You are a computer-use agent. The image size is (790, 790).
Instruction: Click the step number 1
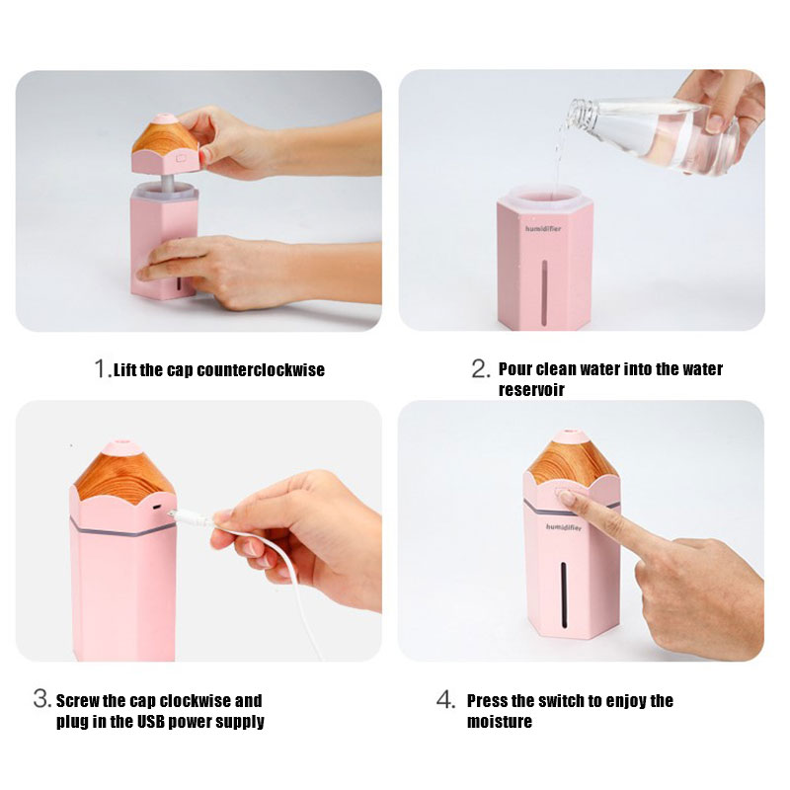click(101, 368)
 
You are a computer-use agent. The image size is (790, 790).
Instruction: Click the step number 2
click(480, 368)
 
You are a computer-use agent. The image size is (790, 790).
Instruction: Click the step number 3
click(41, 699)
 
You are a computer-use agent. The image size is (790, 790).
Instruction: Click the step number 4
click(446, 699)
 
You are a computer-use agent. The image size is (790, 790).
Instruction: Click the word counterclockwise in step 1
click(261, 370)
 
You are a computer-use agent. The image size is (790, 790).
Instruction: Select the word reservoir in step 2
click(531, 389)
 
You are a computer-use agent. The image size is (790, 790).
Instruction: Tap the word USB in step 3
click(151, 722)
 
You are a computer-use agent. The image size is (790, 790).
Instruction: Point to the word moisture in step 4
click(500, 722)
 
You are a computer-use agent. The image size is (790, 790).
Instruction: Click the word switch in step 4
click(562, 701)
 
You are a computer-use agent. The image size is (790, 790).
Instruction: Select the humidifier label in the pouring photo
click(542, 229)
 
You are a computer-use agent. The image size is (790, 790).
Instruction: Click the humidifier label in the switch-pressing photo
click(563, 527)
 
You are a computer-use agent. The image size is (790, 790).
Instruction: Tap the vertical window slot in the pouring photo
click(544, 291)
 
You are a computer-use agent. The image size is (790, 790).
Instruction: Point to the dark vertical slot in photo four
click(564, 595)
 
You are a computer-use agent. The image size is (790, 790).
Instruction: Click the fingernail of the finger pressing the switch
click(567, 499)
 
